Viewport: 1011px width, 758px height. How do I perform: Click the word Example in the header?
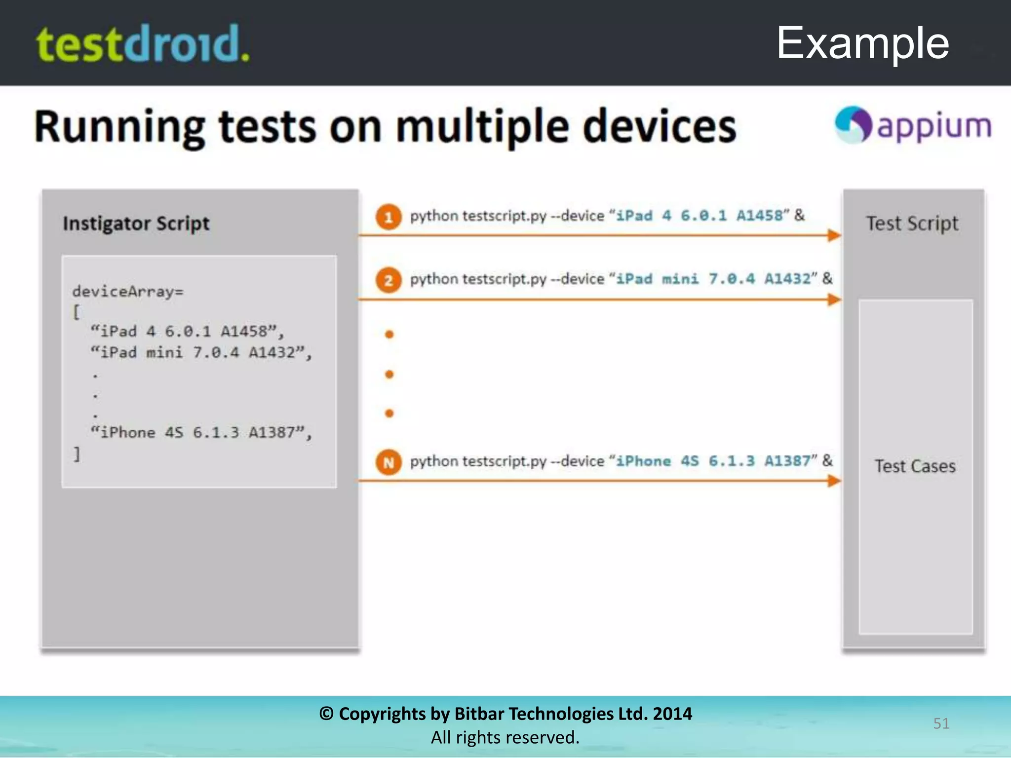click(x=862, y=43)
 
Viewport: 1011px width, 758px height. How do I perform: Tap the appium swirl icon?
click(x=853, y=124)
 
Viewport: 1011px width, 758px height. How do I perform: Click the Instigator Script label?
click(x=136, y=224)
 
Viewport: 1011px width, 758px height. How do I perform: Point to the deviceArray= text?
click(x=127, y=291)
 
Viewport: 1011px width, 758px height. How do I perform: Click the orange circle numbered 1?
click(x=389, y=217)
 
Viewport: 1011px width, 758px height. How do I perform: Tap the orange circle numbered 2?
click(x=389, y=280)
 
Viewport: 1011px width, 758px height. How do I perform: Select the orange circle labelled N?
click(x=389, y=462)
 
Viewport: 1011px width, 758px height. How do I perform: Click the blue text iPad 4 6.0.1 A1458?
click(x=700, y=216)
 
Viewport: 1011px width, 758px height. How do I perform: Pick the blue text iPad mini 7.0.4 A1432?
click(x=713, y=279)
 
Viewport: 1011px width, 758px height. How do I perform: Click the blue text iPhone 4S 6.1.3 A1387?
click(x=713, y=461)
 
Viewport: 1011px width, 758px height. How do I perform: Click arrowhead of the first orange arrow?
click(x=834, y=235)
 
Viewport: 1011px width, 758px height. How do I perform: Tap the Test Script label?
click(x=912, y=224)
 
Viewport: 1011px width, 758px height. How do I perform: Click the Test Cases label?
click(x=915, y=466)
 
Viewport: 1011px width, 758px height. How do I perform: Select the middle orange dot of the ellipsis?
click(x=389, y=375)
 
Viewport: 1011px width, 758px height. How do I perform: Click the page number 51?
click(x=941, y=723)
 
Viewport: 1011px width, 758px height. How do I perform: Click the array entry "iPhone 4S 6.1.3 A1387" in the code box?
click(x=201, y=433)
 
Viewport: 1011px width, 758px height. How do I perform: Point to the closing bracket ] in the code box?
click(x=77, y=454)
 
